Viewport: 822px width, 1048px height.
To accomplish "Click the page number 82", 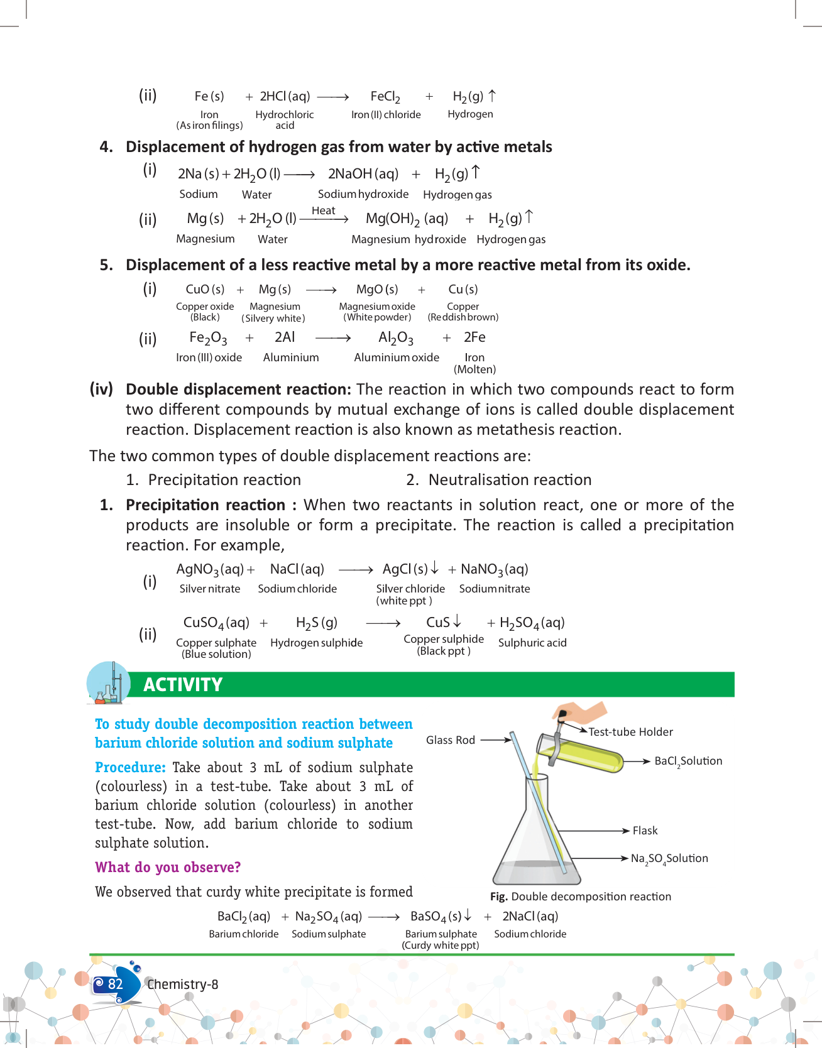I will pos(115,984).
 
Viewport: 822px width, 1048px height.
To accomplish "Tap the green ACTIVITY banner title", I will pos(183,685).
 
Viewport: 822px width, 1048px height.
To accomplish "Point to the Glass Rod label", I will pos(450,740).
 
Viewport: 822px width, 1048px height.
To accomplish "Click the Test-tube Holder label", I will pos(630,732).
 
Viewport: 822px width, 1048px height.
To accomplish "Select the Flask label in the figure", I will pos(645,831).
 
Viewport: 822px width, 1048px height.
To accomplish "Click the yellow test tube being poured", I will pos(581,752).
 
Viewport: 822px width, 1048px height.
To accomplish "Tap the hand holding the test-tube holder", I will pos(581,713).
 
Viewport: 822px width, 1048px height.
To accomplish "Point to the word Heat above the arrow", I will pos(323,210).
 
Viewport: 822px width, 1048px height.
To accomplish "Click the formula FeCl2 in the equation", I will pos(385,97).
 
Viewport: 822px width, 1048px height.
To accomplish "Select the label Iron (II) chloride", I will pos(386,114).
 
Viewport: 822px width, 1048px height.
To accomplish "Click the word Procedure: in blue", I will pos(130,767).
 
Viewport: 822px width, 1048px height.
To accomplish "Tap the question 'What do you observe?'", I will pos(168,867).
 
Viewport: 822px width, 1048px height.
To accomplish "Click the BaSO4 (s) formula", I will pos(436,917).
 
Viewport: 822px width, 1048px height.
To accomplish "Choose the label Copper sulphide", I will pos(444,639).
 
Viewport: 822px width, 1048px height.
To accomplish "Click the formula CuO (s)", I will pos(205,290).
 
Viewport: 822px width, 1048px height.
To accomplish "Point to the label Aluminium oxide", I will pos(397,358).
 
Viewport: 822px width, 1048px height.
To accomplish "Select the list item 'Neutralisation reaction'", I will pos(510,480).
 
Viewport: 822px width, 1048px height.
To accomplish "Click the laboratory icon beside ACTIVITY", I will pos(109,683).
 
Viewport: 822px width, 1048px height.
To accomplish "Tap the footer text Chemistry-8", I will pos(182,985).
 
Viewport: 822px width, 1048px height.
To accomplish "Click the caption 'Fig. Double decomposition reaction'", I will pos(581,897).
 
